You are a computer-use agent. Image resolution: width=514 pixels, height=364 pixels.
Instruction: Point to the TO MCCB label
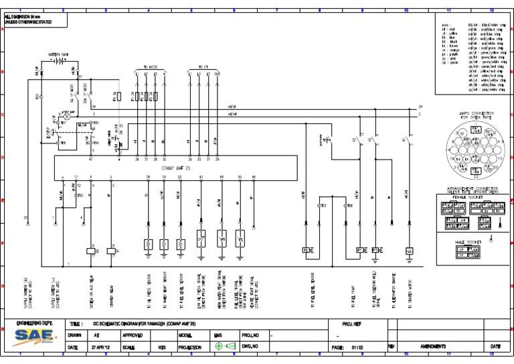pyautogui.click(x=149, y=68)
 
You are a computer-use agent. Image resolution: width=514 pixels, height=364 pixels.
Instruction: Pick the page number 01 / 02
pyautogui.click(x=357, y=347)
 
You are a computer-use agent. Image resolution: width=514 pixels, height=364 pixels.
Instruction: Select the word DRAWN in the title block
pyautogui.click(x=76, y=335)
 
